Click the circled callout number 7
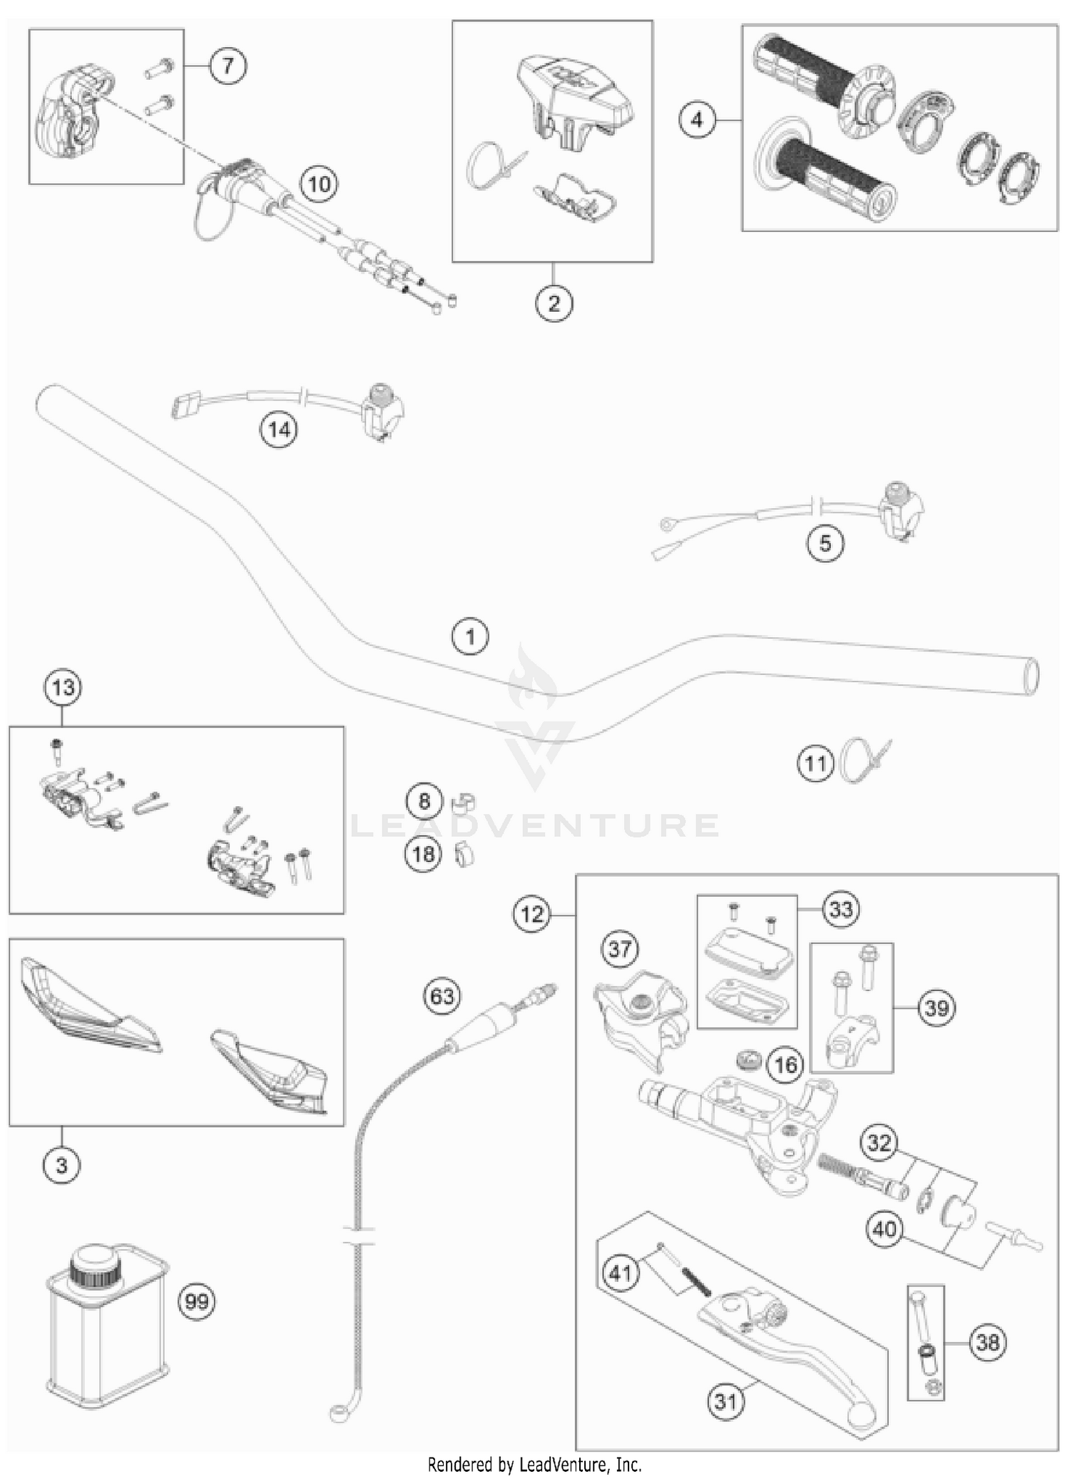(x=228, y=66)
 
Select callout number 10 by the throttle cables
(x=319, y=184)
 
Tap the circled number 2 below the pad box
(x=554, y=303)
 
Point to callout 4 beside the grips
(x=697, y=119)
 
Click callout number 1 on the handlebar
(x=470, y=636)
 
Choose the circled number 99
(x=197, y=1302)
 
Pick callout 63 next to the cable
(x=442, y=995)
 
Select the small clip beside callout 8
(x=464, y=803)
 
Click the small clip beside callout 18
(x=464, y=854)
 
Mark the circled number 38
(x=987, y=1342)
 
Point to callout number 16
(x=785, y=1065)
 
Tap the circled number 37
(x=620, y=949)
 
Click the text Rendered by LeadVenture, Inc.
(x=534, y=1465)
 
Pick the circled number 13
(x=63, y=688)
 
